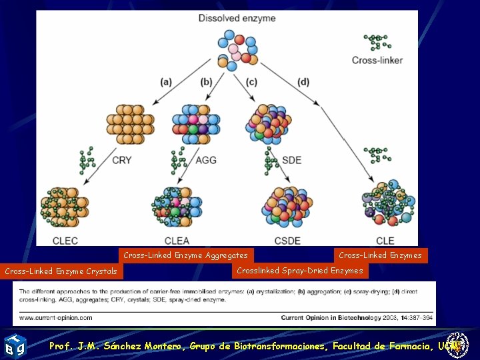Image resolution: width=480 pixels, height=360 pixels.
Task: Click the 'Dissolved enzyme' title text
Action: (x=237, y=18)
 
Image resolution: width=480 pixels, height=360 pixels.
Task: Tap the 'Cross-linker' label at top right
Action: (x=377, y=60)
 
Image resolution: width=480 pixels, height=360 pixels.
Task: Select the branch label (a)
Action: (x=166, y=82)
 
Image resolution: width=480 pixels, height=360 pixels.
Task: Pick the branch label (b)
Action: (x=207, y=82)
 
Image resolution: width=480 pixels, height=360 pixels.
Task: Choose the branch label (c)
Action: (x=251, y=82)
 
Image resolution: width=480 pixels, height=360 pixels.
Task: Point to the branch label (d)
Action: (x=303, y=82)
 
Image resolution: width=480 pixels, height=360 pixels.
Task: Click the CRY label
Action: (x=122, y=160)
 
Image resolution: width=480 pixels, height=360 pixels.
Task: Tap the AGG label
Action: (x=206, y=160)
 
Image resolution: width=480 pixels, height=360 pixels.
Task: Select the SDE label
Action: (x=292, y=160)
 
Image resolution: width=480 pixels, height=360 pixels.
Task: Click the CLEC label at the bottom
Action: (x=66, y=240)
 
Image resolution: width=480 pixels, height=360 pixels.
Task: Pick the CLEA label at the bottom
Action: (x=176, y=240)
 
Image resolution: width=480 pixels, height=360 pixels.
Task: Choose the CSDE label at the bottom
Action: (x=287, y=240)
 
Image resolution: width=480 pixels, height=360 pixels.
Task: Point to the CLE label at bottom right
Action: (x=385, y=240)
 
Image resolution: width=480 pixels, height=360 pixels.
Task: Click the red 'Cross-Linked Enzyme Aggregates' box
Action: (x=185, y=255)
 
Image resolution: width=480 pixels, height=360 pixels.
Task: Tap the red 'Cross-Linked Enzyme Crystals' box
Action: (x=61, y=271)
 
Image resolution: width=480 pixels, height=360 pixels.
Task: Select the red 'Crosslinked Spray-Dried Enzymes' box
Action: (x=300, y=271)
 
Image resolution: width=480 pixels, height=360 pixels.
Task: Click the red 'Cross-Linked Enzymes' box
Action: (x=380, y=255)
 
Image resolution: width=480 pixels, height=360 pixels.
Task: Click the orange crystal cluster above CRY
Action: (x=129, y=123)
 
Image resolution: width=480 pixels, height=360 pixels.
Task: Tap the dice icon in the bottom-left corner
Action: (x=14, y=345)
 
